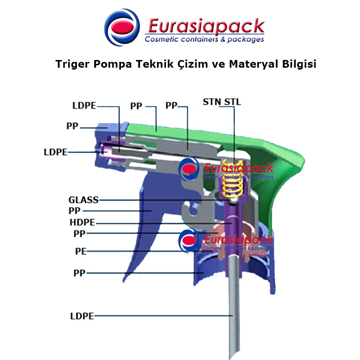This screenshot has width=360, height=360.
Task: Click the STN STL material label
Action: pyautogui.click(x=222, y=102)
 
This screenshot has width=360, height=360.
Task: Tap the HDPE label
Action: pyautogui.click(x=82, y=222)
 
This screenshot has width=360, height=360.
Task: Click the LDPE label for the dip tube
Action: pyautogui.click(x=82, y=316)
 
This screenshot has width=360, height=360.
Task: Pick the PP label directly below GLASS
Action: pyautogui.click(x=74, y=211)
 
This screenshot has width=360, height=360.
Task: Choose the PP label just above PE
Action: pyautogui.click(x=79, y=234)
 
